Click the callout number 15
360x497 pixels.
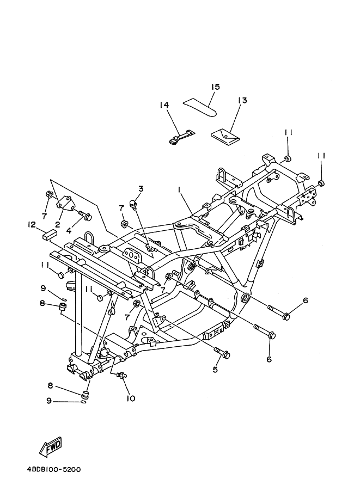216,87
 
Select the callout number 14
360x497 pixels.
164,105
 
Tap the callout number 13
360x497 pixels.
242,100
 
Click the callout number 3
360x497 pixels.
141,189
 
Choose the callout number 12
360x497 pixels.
32,224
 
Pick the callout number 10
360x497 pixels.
131,398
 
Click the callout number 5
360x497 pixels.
215,370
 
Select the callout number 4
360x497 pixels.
69,230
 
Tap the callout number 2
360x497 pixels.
57,224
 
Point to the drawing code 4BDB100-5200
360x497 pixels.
48,469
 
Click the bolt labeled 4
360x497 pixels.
85,217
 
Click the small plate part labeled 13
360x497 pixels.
224,136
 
